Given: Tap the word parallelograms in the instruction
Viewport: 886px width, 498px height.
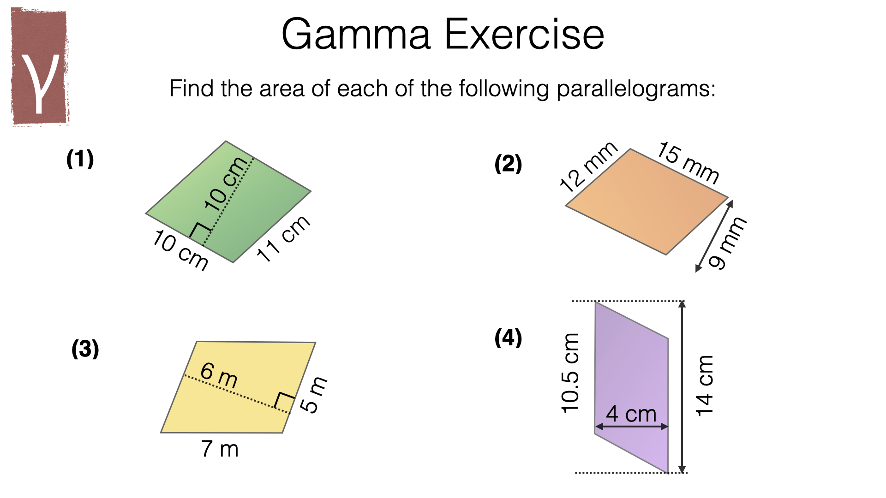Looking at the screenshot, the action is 635,89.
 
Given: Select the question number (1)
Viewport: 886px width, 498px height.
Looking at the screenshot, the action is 80,159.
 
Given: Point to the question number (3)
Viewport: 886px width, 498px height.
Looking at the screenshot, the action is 85,349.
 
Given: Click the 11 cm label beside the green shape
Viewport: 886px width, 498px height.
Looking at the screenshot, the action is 282,238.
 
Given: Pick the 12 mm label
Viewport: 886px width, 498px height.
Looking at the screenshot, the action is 588,167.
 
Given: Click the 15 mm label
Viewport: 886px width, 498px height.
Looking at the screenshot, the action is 688,162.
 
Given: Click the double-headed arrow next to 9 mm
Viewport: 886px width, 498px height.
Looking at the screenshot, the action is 714,236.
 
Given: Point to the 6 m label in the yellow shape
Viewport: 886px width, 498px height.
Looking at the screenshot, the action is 219,375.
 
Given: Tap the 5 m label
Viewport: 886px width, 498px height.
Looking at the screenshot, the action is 314,394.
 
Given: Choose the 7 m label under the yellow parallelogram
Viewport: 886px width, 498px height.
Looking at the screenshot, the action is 220,449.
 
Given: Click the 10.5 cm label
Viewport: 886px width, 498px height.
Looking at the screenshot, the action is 570,373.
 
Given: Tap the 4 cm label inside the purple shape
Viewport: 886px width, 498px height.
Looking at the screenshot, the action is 631,414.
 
